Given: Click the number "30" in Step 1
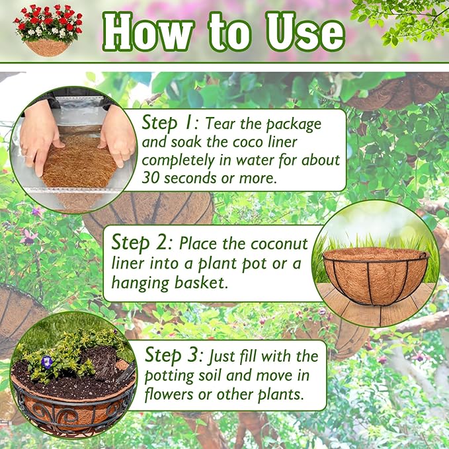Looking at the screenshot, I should pyautogui.click(x=153, y=178).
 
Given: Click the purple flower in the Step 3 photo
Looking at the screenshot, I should pyautogui.click(x=47, y=362).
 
